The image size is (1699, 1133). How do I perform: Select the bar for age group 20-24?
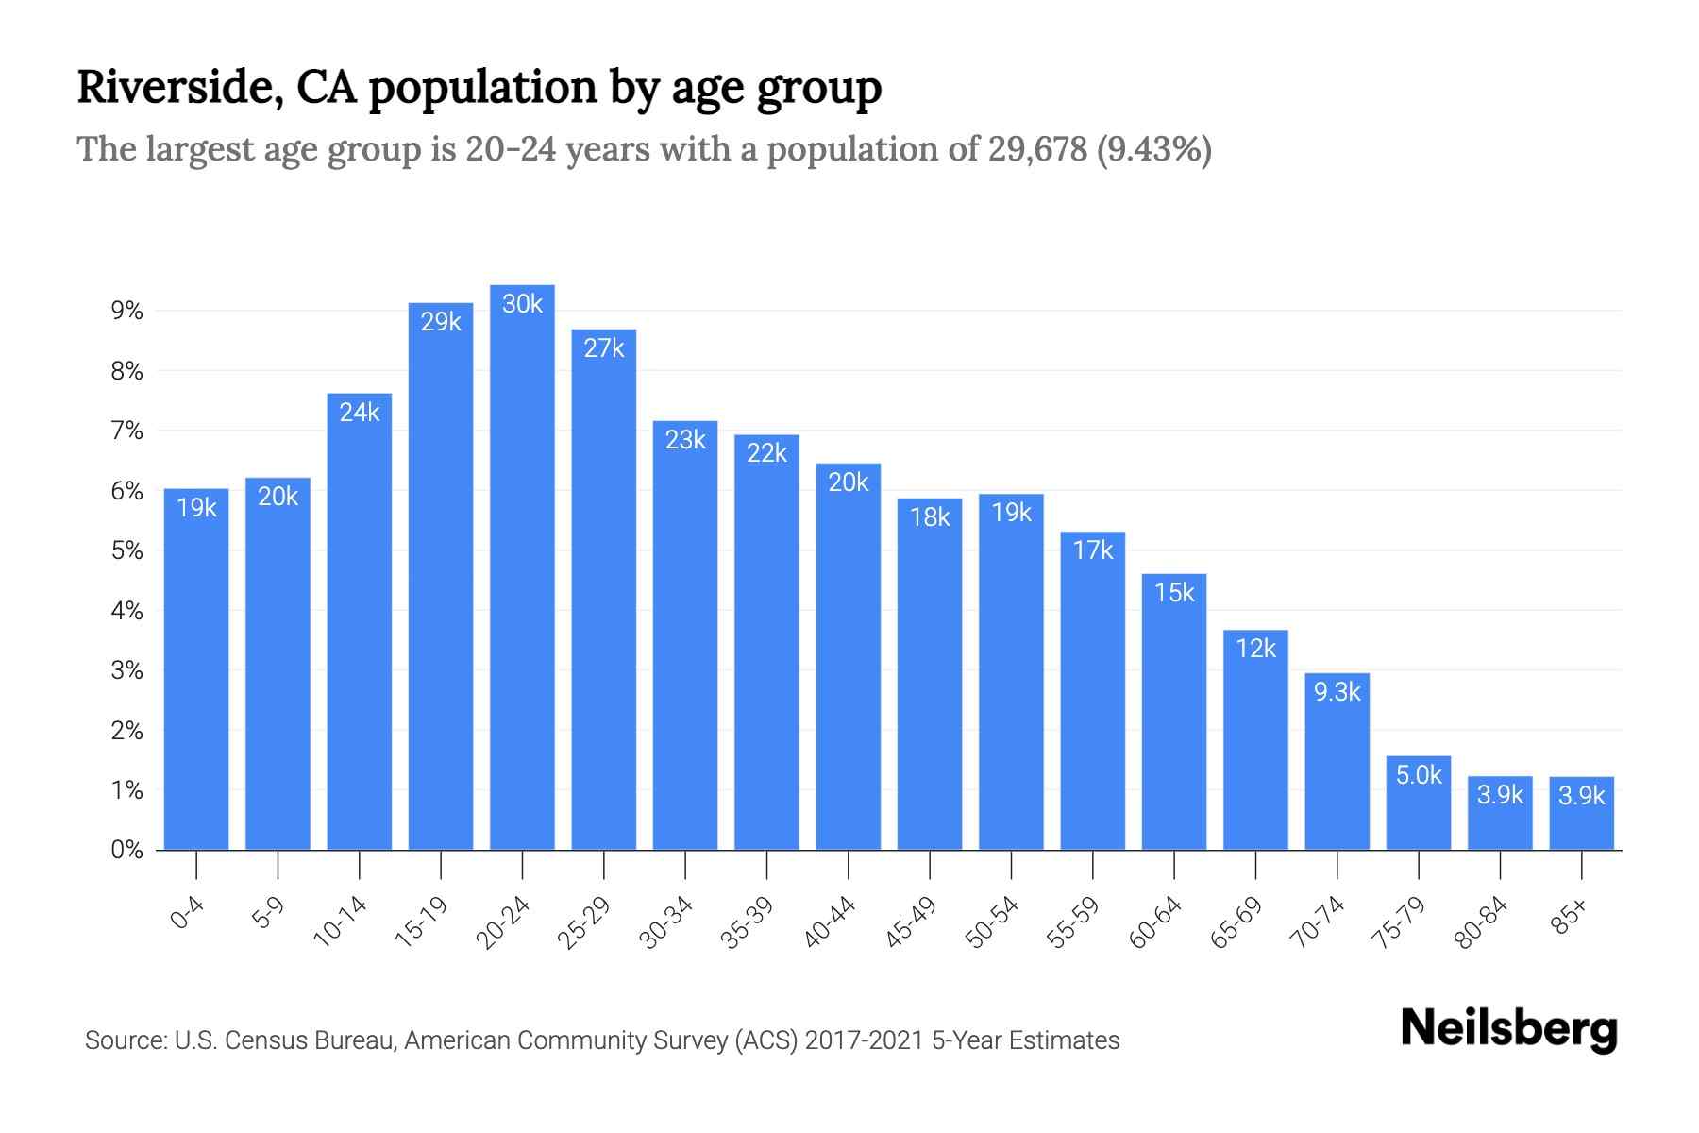(x=522, y=566)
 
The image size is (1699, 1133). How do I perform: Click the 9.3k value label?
(x=1337, y=692)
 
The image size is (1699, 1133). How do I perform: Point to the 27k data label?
(x=604, y=348)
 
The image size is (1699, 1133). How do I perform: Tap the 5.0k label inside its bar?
(x=1419, y=775)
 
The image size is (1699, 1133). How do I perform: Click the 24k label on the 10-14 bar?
(x=360, y=413)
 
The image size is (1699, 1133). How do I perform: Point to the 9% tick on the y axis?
(x=126, y=311)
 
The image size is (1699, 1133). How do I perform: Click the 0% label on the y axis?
(x=126, y=850)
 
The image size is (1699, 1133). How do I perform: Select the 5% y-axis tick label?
(x=126, y=550)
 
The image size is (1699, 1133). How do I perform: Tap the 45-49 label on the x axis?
(x=911, y=922)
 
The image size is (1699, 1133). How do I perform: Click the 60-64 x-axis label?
(x=1155, y=922)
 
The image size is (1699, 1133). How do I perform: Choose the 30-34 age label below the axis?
(x=666, y=922)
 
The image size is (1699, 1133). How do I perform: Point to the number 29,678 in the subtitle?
(x=1037, y=149)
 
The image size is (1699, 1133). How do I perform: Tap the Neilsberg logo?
(x=1508, y=1029)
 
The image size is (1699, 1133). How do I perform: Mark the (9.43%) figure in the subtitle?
(x=1154, y=149)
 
